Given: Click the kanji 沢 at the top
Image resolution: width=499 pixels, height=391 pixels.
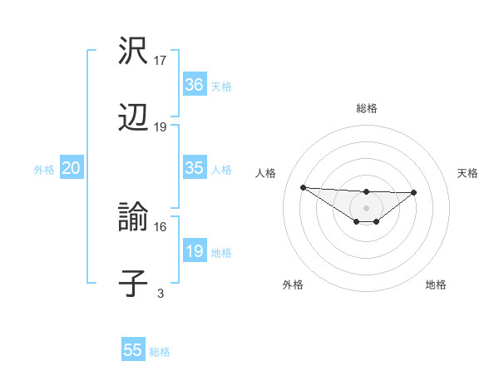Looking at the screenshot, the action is pos(134,52).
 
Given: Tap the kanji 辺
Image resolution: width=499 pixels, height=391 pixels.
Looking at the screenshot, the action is pos(134,118).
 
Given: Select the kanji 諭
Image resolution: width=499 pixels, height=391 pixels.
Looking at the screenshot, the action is pos(134,218).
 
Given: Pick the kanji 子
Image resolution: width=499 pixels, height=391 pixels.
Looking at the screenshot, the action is pos(134,284).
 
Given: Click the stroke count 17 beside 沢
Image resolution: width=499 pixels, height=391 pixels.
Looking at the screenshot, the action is pos(161,61).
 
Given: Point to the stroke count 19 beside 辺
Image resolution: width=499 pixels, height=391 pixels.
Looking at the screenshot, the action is pos(161,127).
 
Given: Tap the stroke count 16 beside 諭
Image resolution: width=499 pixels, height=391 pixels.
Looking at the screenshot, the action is pos(161,226).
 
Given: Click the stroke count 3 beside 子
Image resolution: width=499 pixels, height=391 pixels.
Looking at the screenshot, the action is pos(160,293).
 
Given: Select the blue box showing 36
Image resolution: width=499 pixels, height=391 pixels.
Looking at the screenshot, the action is pos(194,85).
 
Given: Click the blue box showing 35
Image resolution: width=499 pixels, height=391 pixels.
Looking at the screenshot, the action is pos(194,168).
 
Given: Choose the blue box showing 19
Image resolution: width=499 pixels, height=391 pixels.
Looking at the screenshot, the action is pos(194,251).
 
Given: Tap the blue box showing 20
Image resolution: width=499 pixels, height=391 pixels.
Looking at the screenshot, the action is pos(71,168).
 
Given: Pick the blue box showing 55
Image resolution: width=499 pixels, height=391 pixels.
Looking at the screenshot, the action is pos(133,350).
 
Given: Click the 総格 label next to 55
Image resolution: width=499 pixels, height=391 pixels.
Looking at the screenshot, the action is pos(160,352).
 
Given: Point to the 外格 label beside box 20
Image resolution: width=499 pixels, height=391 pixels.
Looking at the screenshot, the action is pos(44,170).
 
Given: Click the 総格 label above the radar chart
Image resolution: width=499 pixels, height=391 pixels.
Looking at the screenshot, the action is pos(366,109).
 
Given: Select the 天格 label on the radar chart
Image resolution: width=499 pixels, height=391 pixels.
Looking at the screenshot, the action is pos(468,173).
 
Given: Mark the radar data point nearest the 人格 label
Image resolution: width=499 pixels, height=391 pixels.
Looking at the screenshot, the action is pos(303,187).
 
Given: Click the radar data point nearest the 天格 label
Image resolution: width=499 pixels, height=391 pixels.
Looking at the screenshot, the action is pos(414,193).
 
